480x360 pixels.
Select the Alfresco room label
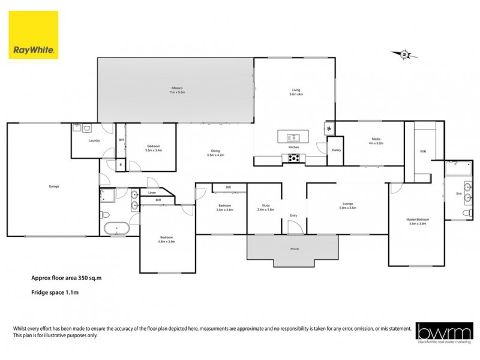[x=176, y=91]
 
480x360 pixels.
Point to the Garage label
[x=53, y=186]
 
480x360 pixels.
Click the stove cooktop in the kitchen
[x=295, y=158]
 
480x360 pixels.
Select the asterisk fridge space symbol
[x=329, y=129]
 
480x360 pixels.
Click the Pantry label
[x=335, y=150]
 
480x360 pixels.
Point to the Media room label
[x=376, y=142]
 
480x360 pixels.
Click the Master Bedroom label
[x=416, y=220]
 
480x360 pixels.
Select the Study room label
[x=265, y=207]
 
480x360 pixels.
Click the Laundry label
[x=93, y=140]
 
